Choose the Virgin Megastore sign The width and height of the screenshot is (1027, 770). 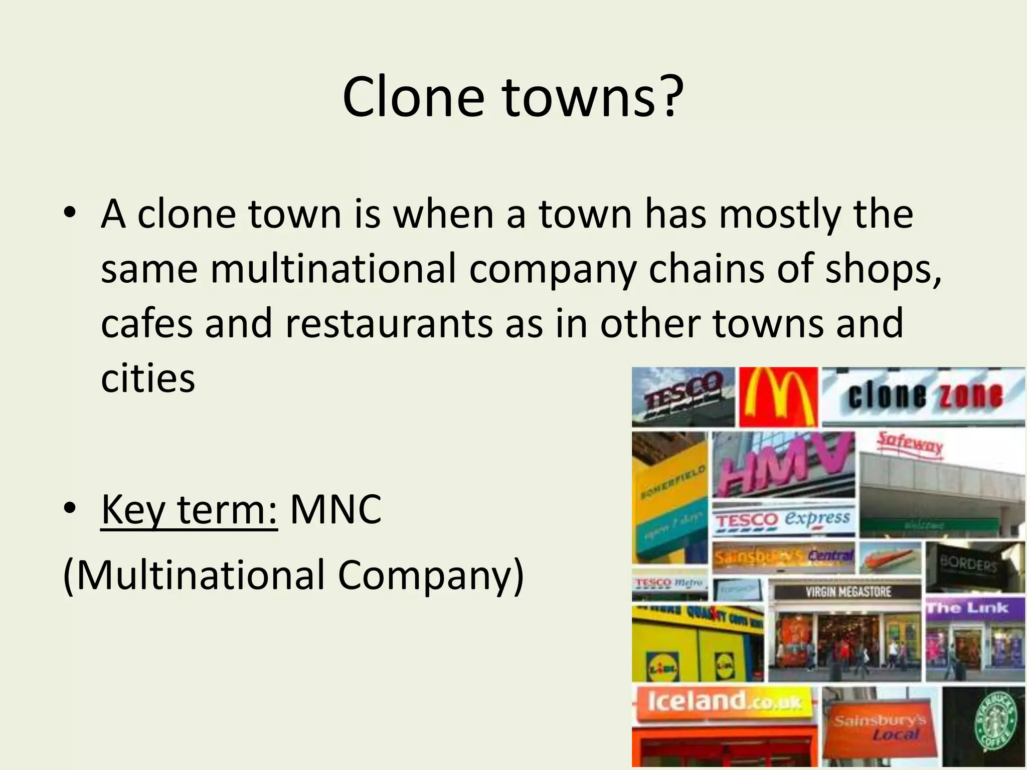coord(848,592)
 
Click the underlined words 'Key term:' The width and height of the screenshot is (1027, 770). coord(189,509)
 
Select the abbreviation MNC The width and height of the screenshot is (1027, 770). coord(335,509)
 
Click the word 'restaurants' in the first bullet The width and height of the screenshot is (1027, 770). coord(389,323)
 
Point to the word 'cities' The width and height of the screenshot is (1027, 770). coord(148,378)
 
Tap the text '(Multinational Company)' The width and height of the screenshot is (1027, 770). coord(293,574)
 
